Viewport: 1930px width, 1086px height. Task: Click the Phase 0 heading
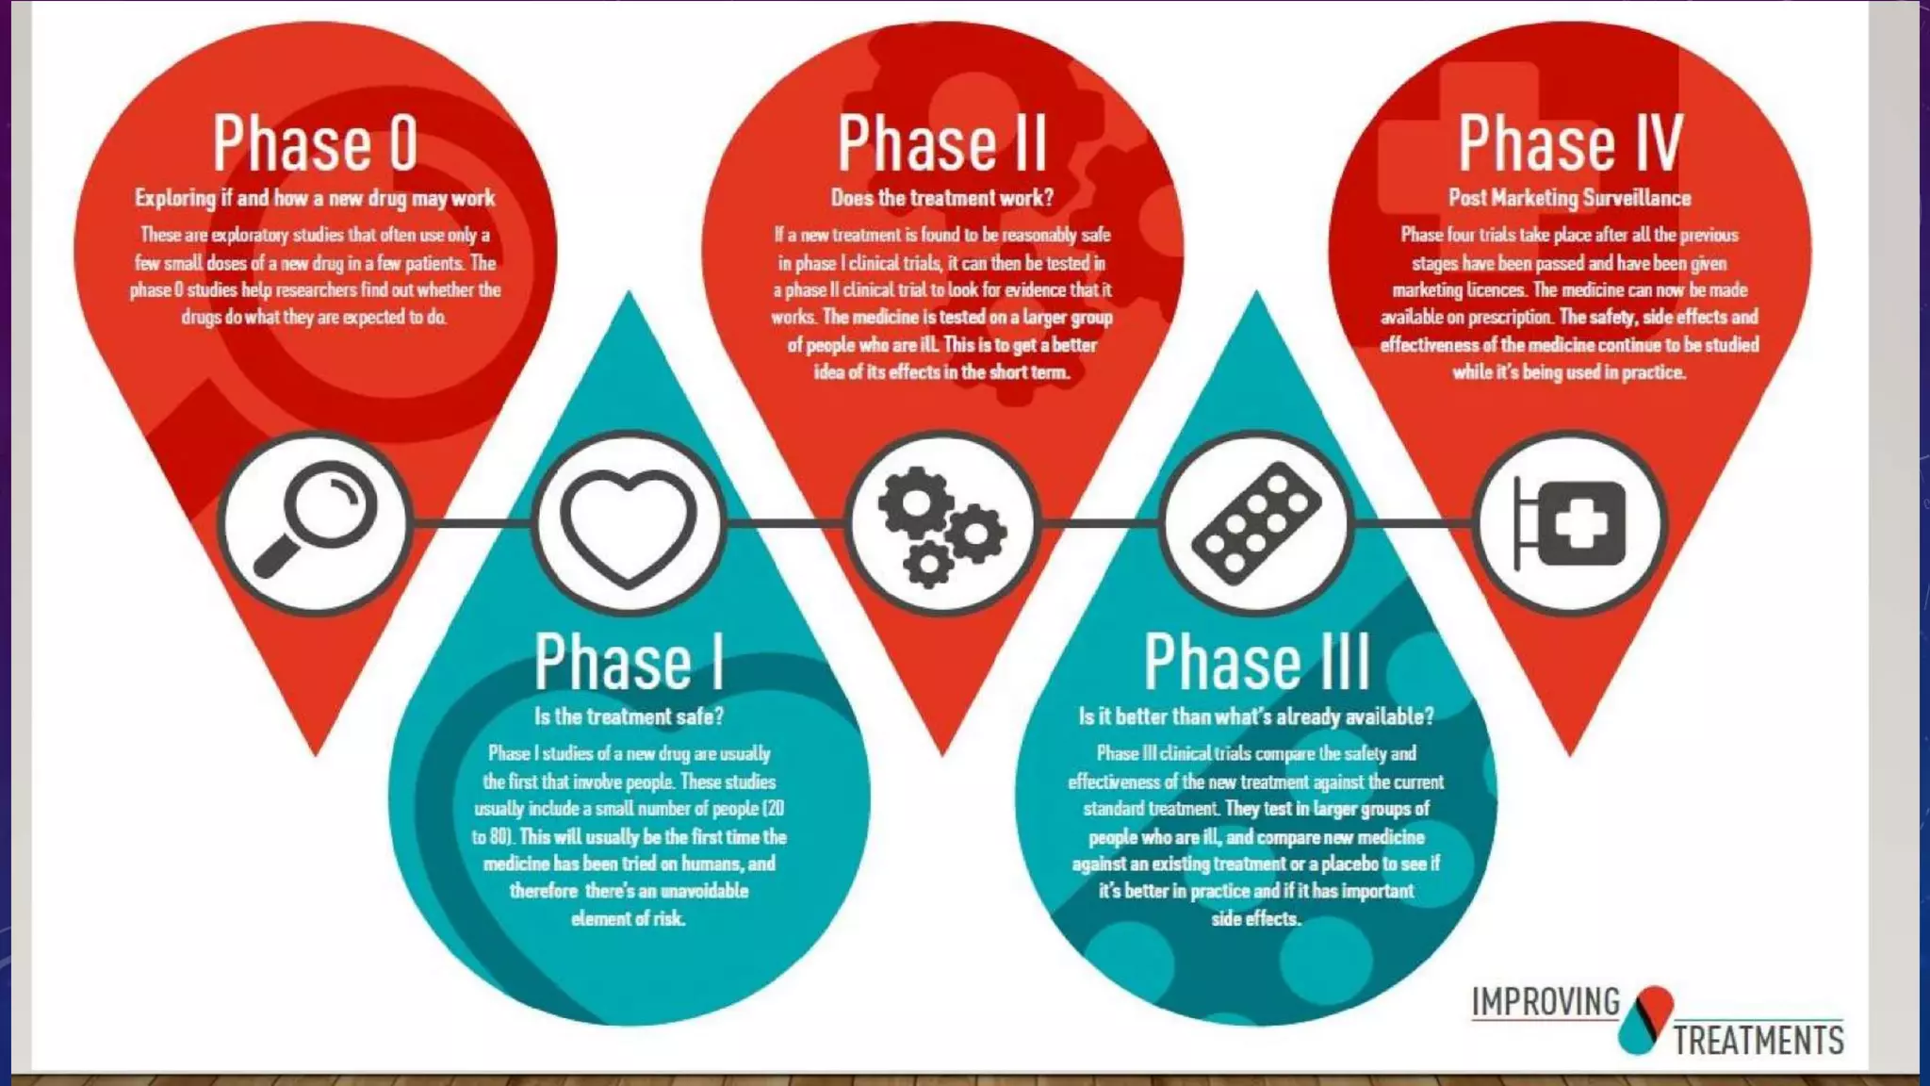[315, 143]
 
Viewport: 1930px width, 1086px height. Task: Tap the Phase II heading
[941, 143]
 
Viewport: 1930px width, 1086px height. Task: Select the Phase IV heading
[1569, 143]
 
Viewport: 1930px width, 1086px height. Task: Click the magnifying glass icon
[315, 523]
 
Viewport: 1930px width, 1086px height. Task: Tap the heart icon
[629, 523]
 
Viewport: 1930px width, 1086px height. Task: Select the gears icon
[941, 523]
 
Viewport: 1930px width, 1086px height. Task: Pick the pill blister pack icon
[1256, 523]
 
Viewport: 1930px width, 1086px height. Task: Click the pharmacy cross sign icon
[1569, 523]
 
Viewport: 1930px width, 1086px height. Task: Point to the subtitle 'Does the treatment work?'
[941, 198]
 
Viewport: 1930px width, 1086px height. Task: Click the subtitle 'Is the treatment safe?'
[629, 716]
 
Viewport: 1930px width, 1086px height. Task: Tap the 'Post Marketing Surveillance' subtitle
[1569, 198]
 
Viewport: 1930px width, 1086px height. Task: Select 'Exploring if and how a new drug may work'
[315, 198]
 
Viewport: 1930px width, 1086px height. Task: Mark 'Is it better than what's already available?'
[1256, 716]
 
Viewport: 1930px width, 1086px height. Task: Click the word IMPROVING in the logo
[1546, 1002]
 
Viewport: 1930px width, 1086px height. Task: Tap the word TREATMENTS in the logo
[1758, 1041]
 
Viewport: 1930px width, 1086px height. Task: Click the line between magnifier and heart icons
[471, 522]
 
